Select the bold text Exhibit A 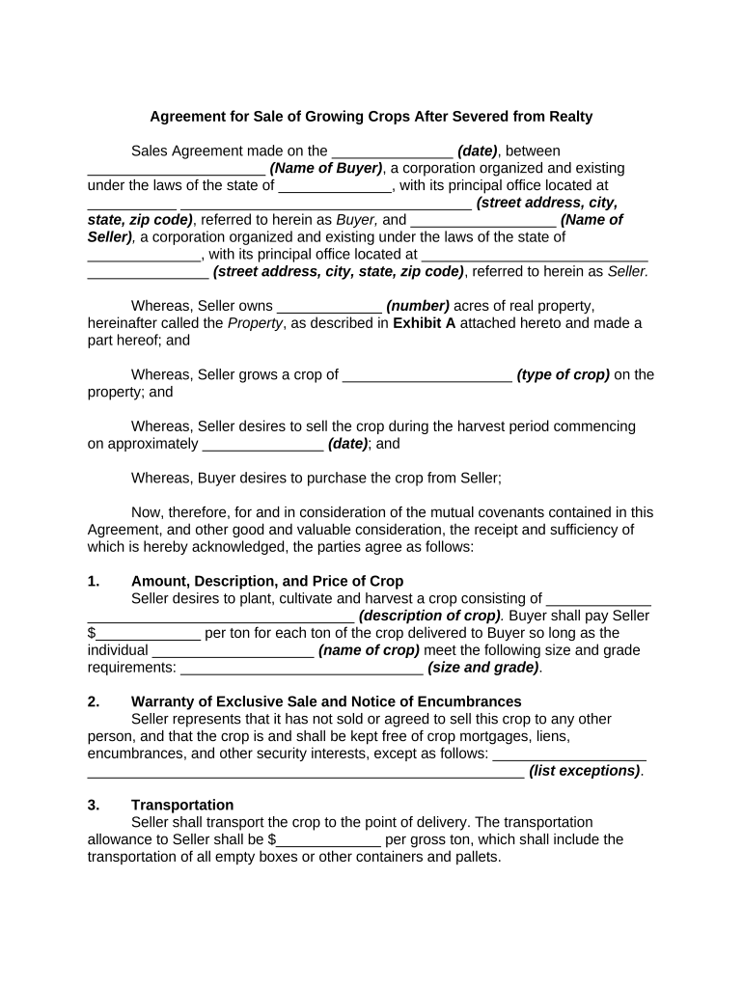pyautogui.click(x=425, y=323)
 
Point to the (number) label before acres pyautogui.click(x=418, y=306)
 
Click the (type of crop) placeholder pyautogui.click(x=563, y=375)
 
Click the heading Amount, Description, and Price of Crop pyautogui.click(x=267, y=581)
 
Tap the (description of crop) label pyautogui.click(x=429, y=616)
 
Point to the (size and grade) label pyautogui.click(x=483, y=668)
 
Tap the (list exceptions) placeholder pyautogui.click(x=585, y=771)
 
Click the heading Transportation pyautogui.click(x=182, y=805)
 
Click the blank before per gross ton pyautogui.click(x=330, y=841)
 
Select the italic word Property pyautogui.click(x=255, y=323)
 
